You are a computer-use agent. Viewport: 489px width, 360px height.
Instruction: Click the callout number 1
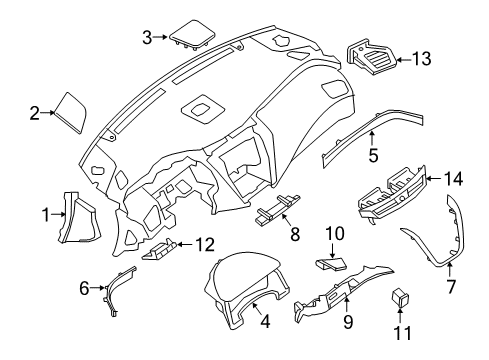(x=46, y=213)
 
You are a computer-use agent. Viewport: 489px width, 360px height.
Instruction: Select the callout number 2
(x=34, y=113)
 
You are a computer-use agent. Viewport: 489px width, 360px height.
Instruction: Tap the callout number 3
(x=147, y=38)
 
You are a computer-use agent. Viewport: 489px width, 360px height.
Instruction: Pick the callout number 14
(x=455, y=179)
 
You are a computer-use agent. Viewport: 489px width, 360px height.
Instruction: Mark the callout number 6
(x=84, y=289)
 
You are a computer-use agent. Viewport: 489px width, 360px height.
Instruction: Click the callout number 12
(x=204, y=243)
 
